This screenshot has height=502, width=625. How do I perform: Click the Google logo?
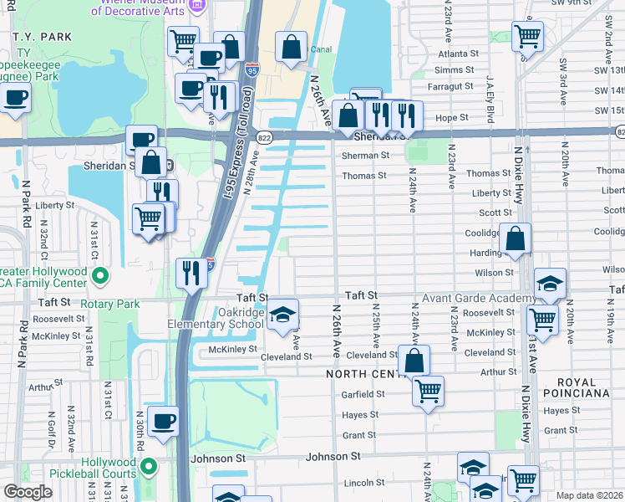[27, 492]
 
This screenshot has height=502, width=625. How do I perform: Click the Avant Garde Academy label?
[479, 299]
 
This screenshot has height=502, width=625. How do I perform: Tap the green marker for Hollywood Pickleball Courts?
[149, 466]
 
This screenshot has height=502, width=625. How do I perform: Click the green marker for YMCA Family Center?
[100, 274]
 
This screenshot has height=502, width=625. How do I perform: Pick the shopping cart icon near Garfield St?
[428, 390]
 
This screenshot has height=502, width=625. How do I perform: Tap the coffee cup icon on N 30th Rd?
[164, 421]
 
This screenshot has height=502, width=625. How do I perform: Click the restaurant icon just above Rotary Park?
[191, 273]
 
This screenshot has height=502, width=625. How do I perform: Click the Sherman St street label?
[365, 156]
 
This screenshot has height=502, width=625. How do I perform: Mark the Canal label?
[322, 49]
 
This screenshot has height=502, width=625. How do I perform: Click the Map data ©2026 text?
[588, 495]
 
